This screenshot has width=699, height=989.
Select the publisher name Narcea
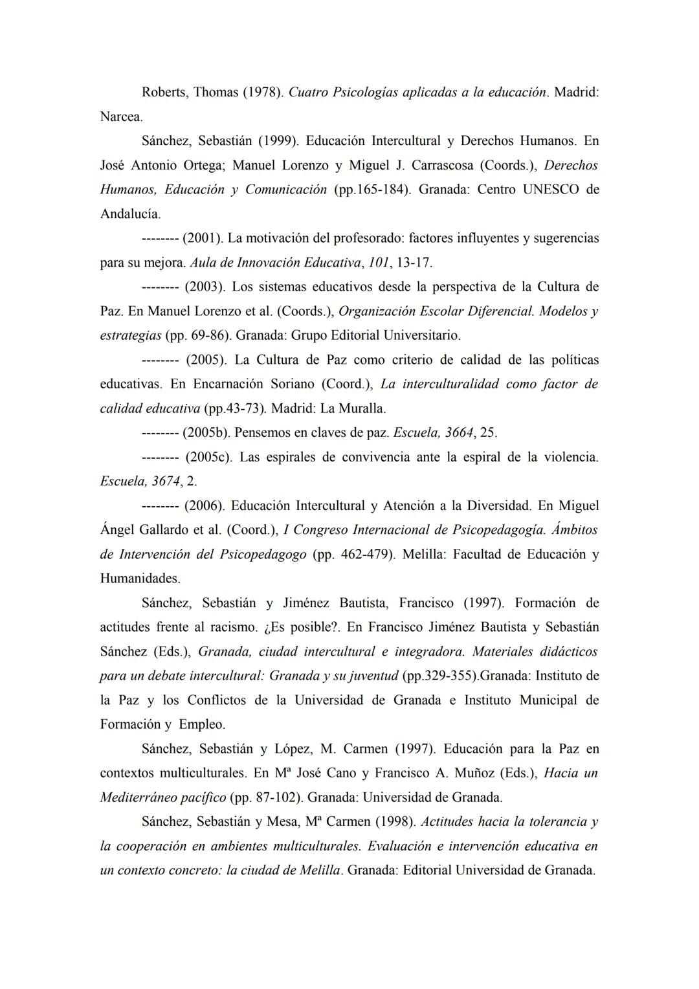121,117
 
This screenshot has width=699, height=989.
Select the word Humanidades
140,579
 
